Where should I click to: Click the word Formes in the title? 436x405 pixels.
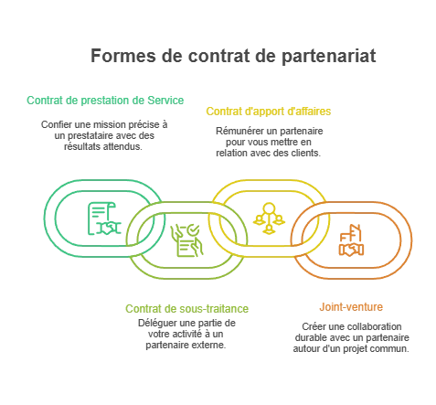[123, 56]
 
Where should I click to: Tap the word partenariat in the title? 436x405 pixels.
[329, 57]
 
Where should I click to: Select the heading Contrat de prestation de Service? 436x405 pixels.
[105, 101]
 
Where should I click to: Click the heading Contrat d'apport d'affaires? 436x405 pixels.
[269, 112]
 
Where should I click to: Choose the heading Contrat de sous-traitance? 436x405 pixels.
[187, 309]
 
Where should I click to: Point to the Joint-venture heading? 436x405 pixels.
[351, 306]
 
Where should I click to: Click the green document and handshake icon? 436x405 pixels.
[104, 218]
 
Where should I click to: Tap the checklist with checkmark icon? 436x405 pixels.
[186, 240]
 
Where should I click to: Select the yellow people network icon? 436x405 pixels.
[269, 218]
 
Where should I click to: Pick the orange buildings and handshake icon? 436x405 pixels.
[351, 240]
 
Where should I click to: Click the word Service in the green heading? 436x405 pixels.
[165, 101]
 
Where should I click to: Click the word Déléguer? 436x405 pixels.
[157, 323]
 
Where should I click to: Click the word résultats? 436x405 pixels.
[82, 146]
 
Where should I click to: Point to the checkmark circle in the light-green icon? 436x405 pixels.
[193, 230]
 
